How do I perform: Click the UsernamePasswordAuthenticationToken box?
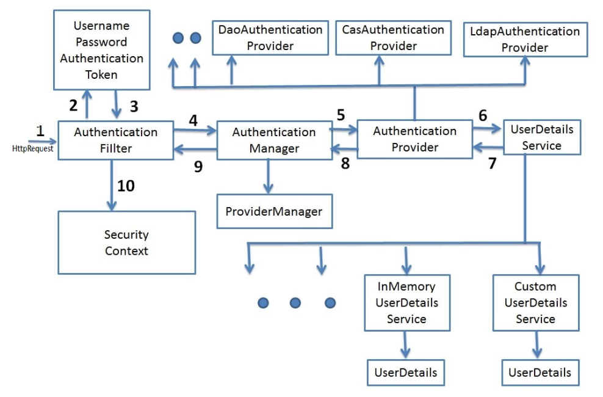(x=102, y=50)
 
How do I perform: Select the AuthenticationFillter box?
(x=116, y=140)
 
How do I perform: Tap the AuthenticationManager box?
(x=274, y=140)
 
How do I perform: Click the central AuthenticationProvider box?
(x=414, y=139)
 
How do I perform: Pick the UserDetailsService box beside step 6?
(x=541, y=138)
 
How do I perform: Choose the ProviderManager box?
(x=274, y=211)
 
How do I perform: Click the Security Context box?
(x=126, y=242)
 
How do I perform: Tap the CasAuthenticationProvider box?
(x=392, y=38)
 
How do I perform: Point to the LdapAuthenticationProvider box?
(x=525, y=39)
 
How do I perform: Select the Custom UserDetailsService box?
(x=535, y=302)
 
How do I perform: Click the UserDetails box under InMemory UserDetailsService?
(x=406, y=373)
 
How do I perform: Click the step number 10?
(x=126, y=186)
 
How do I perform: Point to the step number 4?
(x=193, y=120)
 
